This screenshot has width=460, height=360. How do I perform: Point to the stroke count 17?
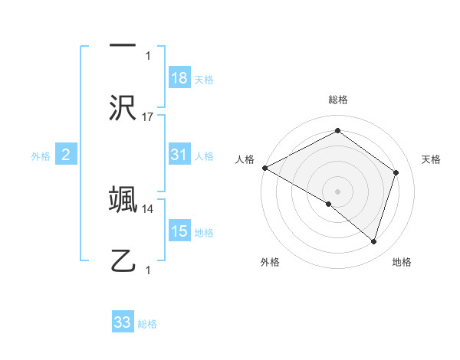pyautogui.click(x=148, y=117)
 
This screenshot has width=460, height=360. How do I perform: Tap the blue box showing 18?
pyautogui.click(x=179, y=78)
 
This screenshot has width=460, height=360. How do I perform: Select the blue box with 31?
pyautogui.click(x=179, y=155)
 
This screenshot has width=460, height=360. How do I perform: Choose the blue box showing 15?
pyautogui.click(x=179, y=231)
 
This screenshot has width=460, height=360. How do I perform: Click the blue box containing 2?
pyautogui.click(x=66, y=155)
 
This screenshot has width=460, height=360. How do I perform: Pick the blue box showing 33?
pyautogui.click(x=123, y=322)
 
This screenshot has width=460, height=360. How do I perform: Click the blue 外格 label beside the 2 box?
pyautogui.click(x=41, y=156)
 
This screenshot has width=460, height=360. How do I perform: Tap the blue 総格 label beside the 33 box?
pyautogui.click(x=147, y=324)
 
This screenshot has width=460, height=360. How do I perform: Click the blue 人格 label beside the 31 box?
pyautogui.click(x=204, y=156)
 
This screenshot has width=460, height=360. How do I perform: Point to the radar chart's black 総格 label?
pyautogui.click(x=337, y=100)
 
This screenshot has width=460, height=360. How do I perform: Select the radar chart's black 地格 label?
pyautogui.click(x=402, y=262)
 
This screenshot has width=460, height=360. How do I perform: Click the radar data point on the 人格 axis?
pyautogui.click(x=264, y=168)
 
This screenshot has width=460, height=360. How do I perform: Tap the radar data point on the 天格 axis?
pyautogui.click(x=396, y=172)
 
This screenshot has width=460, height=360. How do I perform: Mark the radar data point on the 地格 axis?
pyautogui.click(x=374, y=241)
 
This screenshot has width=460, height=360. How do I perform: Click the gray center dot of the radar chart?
pyautogui.click(x=337, y=191)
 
